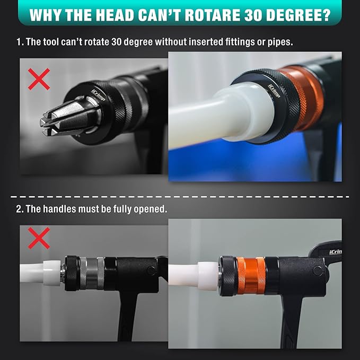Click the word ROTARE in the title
212,15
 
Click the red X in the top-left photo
39,79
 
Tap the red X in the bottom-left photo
39,238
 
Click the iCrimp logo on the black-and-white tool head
98,95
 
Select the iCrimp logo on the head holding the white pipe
274,91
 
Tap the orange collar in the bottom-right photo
251,276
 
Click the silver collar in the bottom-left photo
92,273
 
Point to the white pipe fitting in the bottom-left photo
52,273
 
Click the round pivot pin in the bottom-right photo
317,271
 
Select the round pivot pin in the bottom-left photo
151,270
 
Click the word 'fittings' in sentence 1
241,42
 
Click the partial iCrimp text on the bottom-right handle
336,252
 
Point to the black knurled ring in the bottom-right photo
228,276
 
